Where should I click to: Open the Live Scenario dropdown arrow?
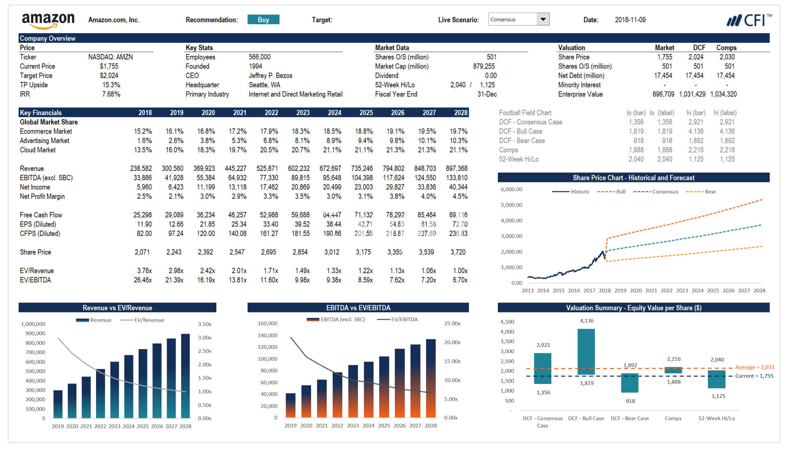[543, 19]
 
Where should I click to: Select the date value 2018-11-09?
[630, 20]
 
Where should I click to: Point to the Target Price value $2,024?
[109, 76]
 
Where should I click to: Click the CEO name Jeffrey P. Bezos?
[270, 76]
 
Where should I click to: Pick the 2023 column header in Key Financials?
[303, 113]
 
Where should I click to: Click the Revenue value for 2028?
[456, 168]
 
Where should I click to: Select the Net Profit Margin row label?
[42, 197]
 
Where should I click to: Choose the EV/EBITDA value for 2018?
[142, 280]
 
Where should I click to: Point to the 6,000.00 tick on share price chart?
[511, 189]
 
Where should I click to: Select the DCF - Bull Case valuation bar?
[586, 352]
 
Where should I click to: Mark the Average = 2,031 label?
[754, 367]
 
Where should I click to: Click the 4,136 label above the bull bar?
[586, 321]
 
